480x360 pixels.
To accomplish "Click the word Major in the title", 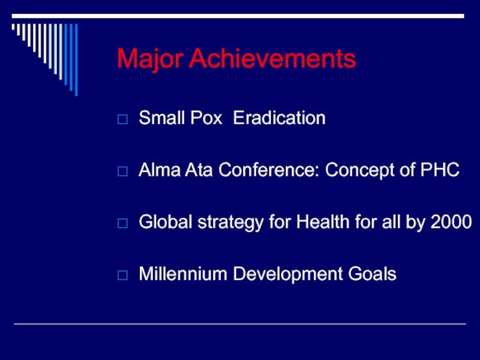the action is click(151, 59).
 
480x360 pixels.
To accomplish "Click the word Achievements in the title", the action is click(272, 58).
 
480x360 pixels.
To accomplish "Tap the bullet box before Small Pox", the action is click(122, 119).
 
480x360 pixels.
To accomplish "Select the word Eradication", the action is click(279, 118).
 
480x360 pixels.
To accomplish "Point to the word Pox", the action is click(206, 118).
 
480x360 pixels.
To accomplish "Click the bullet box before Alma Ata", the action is click(122, 171).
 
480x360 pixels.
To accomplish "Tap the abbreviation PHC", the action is click(440, 170).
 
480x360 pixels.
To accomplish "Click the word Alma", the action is click(160, 170).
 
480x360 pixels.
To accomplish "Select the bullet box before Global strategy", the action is click(122, 223).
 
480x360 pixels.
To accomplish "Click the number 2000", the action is click(451, 221).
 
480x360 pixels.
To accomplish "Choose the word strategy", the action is click(230, 223).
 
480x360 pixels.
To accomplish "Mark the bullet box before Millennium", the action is click(122, 275).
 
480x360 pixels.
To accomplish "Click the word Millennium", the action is click(183, 274).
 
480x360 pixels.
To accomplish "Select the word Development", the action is click(288, 275).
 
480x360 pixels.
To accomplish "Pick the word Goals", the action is click(372, 274).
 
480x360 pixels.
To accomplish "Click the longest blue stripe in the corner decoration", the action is click(76, 59).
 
